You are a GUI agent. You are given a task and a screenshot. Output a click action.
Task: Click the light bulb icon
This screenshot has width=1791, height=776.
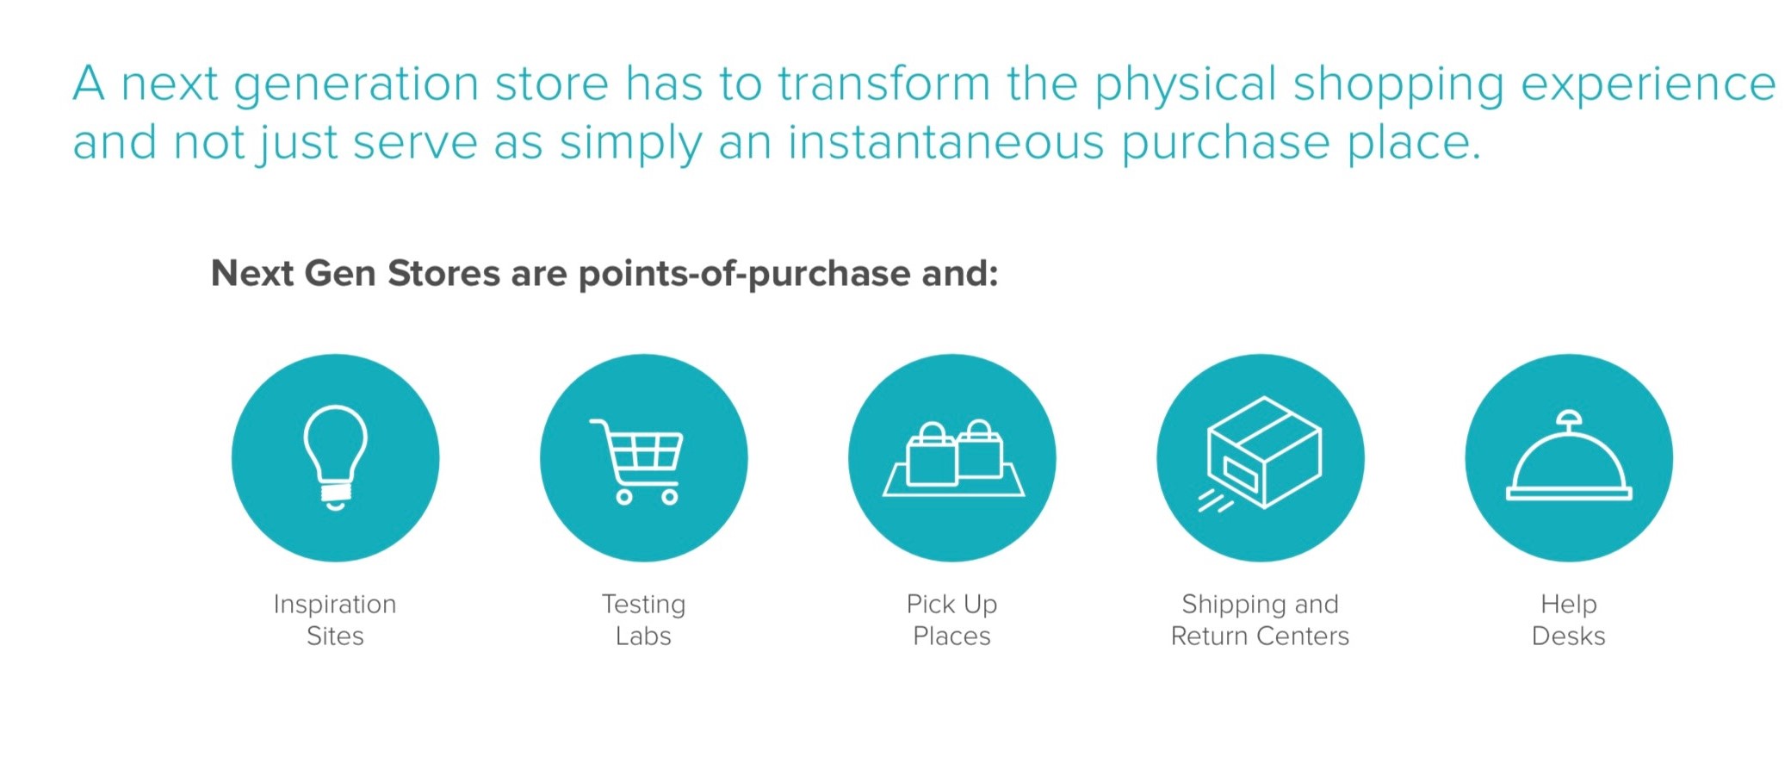pos(335,457)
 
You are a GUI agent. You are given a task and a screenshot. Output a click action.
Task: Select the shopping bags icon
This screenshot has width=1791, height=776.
pos(953,458)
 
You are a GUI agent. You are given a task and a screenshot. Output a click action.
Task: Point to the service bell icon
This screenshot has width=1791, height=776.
pos(1569,456)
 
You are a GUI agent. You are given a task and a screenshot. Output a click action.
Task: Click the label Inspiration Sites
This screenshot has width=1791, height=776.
pos(335,620)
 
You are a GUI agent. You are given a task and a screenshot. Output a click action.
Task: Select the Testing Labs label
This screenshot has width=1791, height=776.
pos(643,620)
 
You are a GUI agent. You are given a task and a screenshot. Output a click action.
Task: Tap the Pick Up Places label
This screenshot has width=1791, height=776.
pos(951,620)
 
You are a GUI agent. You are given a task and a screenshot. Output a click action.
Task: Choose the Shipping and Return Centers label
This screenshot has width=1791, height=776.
pos(1260,620)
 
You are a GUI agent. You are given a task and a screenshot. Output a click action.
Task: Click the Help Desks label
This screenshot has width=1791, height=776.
pos(1569,620)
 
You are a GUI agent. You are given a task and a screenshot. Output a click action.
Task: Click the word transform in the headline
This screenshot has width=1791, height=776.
pos(884,84)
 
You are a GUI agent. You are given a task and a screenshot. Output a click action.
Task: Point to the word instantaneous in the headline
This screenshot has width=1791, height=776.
pos(945,142)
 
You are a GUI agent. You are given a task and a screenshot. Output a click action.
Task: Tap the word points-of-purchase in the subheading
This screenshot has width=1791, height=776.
pos(744,275)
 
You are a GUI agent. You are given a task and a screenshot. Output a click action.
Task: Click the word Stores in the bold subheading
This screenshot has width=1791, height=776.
pos(443,274)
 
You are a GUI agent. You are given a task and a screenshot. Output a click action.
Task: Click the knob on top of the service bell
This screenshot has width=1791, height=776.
pos(1569,419)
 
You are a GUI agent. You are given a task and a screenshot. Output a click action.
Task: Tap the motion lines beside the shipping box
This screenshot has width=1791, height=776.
pos(1215,500)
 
